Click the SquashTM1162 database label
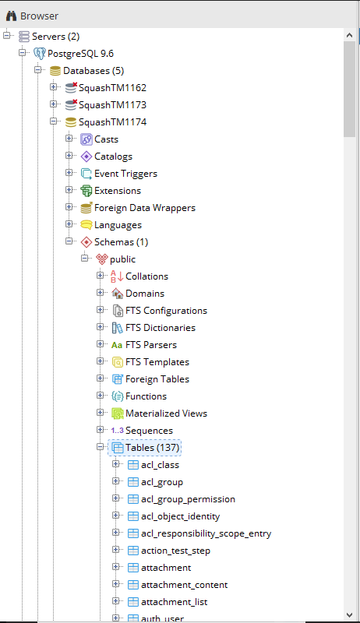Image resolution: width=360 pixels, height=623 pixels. pos(112,88)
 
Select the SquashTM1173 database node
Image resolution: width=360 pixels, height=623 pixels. pos(112,105)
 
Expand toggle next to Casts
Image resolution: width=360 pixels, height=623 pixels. pos(69,139)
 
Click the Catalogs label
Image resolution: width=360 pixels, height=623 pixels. pos(113,157)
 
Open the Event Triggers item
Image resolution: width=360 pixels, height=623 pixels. pos(125,174)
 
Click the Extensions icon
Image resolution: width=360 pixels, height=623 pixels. pos(86,191)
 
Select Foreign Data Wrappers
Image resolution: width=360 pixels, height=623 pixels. pos(145,208)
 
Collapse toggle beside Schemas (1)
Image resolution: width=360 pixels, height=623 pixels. pos(69,241)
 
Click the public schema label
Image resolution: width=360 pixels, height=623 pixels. pos(123,259)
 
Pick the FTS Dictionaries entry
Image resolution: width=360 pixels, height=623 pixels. pos(161,328)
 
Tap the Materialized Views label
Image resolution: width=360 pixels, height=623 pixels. pos(167,414)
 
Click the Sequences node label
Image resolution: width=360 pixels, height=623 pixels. pos(149,431)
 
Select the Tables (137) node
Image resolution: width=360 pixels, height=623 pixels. pos(153,448)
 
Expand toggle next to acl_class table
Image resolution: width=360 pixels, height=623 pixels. pos(115,463)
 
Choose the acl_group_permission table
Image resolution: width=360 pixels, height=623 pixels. pos(188,499)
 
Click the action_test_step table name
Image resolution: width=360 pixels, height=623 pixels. pos(175,551)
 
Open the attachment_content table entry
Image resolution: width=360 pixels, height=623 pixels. pos(185,585)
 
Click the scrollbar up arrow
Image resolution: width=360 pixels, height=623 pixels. pos(349,35)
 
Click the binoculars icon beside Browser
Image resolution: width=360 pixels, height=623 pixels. pos(11,16)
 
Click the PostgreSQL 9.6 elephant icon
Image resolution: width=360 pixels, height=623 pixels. pos(39,54)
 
